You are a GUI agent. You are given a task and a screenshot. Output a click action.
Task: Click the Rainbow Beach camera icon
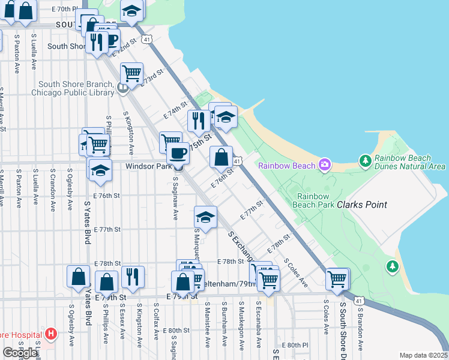[x=325, y=164]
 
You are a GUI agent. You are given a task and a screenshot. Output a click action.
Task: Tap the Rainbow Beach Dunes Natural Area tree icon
[x=365, y=161]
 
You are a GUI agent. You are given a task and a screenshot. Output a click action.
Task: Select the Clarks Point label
[x=361, y=204]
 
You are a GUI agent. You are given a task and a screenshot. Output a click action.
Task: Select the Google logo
[x=20, y=353]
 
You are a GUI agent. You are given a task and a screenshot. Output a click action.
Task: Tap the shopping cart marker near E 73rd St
[x=131, y=74]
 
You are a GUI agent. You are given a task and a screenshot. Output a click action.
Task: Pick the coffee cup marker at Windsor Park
[x=177, y=153]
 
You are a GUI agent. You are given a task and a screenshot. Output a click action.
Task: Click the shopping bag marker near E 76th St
[x=221, y=157]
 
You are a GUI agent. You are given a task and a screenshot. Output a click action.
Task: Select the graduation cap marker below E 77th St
[x=205, y=217]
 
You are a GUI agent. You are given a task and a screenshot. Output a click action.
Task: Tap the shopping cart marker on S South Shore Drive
[x=337, y=278]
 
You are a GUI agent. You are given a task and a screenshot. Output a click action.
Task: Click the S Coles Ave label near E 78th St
[x=296, y=272]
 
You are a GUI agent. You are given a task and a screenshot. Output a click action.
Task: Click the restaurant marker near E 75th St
[x=198, y=121]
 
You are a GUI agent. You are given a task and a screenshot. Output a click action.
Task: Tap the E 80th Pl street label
[x=297, y=345]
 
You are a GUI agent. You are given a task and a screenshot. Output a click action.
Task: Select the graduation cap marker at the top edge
[x=132, y=11]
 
